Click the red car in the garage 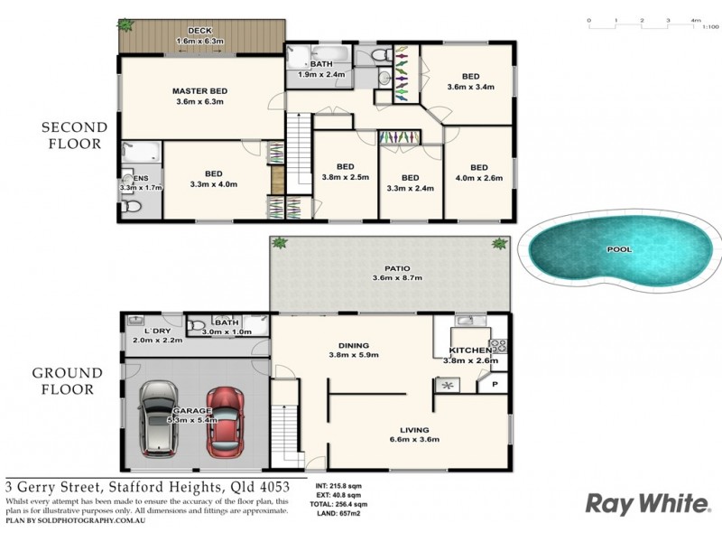pos(224,422)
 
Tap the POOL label pos(618,249)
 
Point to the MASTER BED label pos(199,90)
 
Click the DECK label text pos(199,31)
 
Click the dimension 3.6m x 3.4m pos(471,88)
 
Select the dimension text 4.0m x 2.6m pos(478,177)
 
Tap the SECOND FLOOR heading pos(74,135)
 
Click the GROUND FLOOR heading pos(69,381)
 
